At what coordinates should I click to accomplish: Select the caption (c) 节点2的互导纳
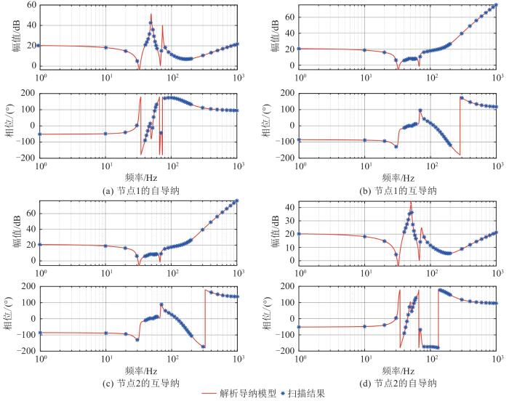pos(138,383)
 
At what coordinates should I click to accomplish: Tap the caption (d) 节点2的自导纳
pos(396,383)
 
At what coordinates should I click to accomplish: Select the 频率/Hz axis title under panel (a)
pos(138,177)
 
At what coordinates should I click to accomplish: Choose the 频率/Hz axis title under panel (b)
pos(396,177)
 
